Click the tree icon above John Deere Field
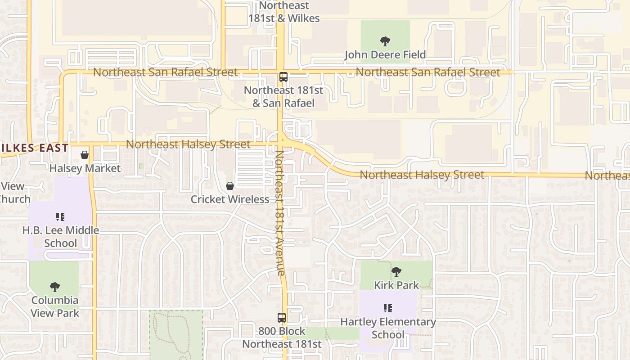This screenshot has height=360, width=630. [385, 41]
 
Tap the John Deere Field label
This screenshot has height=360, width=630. [385, 55]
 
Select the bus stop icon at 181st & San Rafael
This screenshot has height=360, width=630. [283, 76]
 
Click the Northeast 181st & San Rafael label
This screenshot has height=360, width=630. [283, 96]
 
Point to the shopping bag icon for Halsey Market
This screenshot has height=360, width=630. [84, 155]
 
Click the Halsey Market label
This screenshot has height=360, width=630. [85, 169]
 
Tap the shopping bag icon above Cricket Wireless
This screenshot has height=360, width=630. [230, 186]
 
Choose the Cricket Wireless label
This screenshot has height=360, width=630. [230, 199]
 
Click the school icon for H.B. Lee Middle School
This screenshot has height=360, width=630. [60, 217]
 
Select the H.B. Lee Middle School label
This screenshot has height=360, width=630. [61, 237]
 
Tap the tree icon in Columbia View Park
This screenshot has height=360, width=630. [55, 287]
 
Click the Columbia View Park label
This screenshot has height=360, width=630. [55, 306]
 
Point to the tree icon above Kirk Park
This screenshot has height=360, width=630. [396, 271]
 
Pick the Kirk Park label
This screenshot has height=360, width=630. [396, 285]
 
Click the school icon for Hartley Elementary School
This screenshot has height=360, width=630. [388, 308]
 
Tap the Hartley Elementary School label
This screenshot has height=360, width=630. [388, 328]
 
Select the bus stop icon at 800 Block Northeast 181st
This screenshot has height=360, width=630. [282, 318]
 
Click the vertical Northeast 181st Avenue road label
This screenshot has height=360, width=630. [280, 212]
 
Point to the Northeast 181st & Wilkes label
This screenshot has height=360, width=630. [284, 12]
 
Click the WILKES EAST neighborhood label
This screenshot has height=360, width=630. [34, 148]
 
